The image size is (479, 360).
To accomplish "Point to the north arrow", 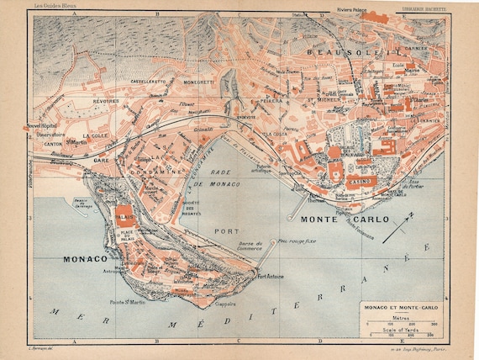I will click(x=397, y=230).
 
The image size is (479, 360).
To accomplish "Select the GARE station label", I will click(x=102, y=159).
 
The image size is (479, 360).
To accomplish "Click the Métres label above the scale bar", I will click(x=405, y=319).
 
